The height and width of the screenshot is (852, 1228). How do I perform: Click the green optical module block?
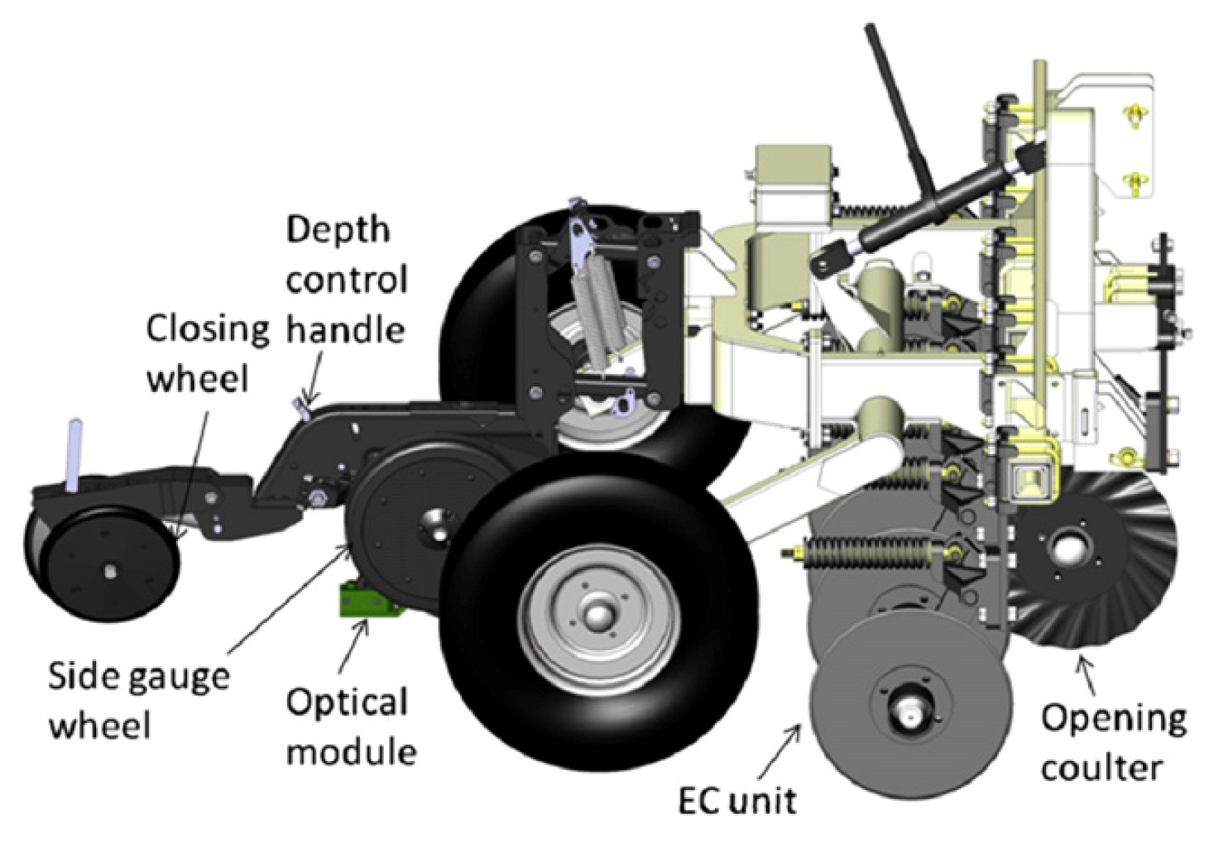367,599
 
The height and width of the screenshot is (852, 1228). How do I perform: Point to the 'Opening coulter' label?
1113,742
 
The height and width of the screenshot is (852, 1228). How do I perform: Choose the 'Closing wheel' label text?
207,354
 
